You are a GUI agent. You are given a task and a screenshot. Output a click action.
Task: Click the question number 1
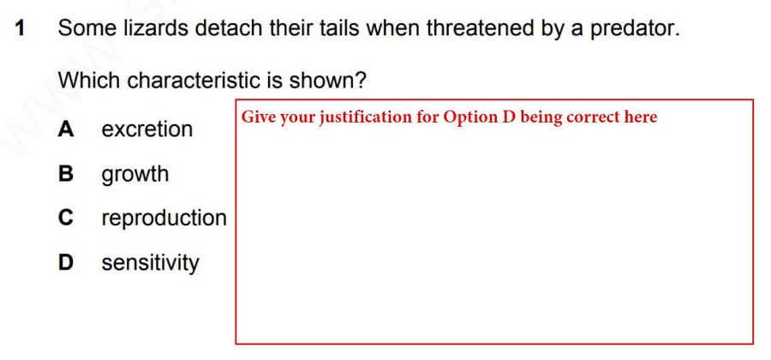click(20, 28)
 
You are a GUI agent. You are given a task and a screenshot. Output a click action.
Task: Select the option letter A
click(66, 129)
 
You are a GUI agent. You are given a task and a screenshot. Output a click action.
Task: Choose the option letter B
click(65, 174)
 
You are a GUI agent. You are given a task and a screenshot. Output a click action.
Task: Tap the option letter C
click(66, 218)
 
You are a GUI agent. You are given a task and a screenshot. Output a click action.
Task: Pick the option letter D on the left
click(66, 262)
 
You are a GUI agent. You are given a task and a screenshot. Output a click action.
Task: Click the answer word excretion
click(147, 129)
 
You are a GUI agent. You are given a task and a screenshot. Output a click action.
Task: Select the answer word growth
click(135, 175)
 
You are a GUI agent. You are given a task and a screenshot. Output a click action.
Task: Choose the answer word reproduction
click(164, 219)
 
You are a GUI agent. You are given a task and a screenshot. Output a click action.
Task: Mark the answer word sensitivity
click(151, 264)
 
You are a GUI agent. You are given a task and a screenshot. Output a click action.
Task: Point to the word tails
click(342, 28)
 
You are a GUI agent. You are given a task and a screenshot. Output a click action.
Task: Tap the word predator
click(635, 29)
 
